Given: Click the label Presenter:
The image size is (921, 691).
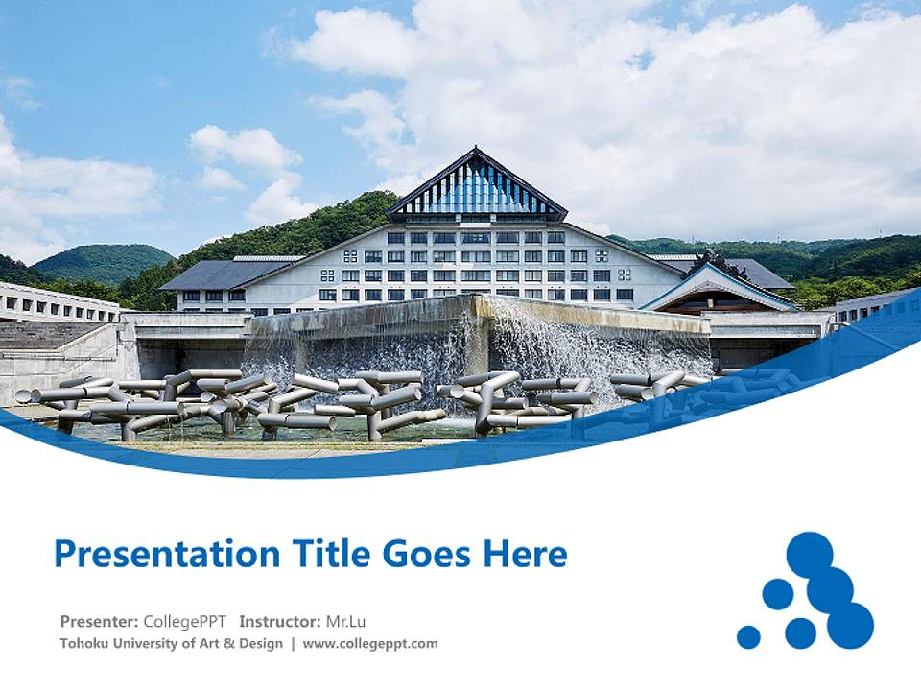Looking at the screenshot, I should tap(99, 621).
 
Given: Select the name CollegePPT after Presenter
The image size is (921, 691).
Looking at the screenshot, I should tap(184, 621).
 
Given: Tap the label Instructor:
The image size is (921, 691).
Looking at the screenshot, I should tap(280, 621).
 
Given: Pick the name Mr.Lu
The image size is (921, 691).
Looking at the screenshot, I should tap(346, 621).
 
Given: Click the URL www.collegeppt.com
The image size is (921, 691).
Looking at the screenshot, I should tap(370, 644).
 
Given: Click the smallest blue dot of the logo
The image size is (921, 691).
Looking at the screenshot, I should tap(748, 637).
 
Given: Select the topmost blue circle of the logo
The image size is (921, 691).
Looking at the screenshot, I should tap(810, 554).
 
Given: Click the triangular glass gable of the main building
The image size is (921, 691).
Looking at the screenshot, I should tap(476, 188).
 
